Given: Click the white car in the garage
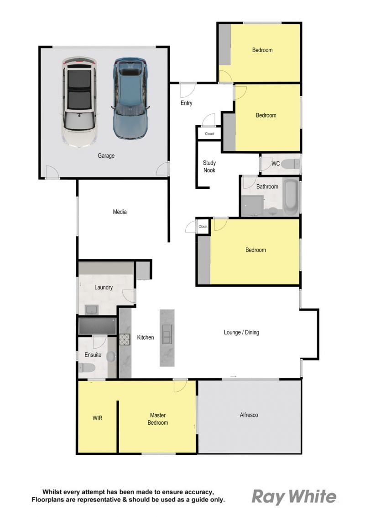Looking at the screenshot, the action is (x=79, y=102).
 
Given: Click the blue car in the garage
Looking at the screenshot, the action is (x=130, y=99).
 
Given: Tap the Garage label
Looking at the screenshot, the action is (x=106, y=155).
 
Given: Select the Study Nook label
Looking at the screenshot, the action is (x=209, y=166).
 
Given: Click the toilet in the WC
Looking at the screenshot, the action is (x=291, y=164).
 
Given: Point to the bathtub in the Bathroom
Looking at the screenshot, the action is (x=290, y=197).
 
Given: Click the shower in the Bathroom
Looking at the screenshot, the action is (x=253, y=206).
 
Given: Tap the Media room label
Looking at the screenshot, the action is (x=120, y=212).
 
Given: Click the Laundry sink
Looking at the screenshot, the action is (x=92, y=309).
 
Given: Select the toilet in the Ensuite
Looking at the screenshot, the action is (x=87, y=368).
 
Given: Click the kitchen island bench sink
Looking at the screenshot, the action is (x=167, y=334).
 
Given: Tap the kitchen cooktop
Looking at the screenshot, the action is (x=125, y=340).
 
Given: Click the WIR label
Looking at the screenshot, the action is (x=98, y=418).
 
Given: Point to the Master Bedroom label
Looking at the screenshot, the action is (x=158, y=419).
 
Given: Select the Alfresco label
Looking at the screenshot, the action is (x=249, y=415).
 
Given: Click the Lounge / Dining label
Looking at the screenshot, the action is (x=241, y=332).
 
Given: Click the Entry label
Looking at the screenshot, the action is (x=186, y=103).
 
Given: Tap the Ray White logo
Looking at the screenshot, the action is (x=294, y=497).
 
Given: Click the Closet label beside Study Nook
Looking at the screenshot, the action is (x=209, y=133).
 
